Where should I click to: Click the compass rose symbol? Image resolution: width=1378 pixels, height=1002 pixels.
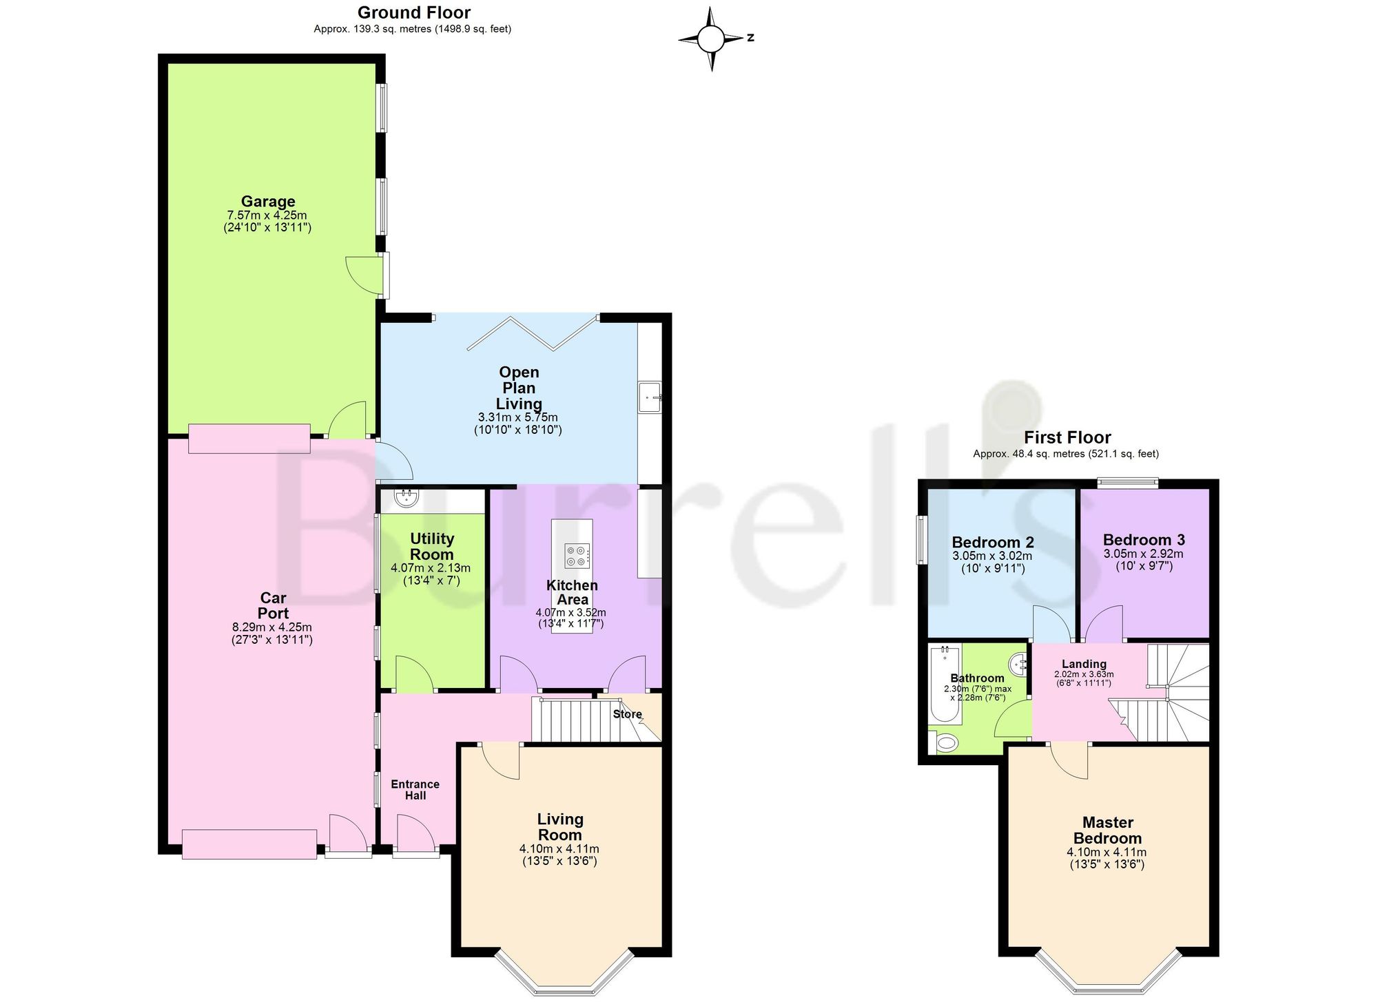pyautogui.click(x=712, y=39)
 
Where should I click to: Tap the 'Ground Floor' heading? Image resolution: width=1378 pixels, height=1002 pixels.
pyautogui.click(x=414, y=12)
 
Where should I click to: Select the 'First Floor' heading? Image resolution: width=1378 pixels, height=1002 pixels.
pyautogui.click(x=1067, y=437)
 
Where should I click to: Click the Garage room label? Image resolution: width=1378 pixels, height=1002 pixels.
pyautogui.click(x=268, y=201)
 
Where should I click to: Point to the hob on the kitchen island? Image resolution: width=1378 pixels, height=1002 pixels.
pyautogui.click(x=577, y=556)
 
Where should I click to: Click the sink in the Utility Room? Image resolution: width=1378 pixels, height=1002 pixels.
pyautogui.click(x=406, y=497)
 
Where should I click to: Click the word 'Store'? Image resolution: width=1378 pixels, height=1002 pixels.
pyautogui.click(x=628, y=714)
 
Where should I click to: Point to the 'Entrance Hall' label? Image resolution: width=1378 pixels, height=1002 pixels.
pyautogui.click(x=415, y=790)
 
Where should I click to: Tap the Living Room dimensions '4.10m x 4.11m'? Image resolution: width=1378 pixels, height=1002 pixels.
pyautogui.click(x=559, y=848)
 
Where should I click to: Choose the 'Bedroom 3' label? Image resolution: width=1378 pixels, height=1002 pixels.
pyautogui.click(x=1144, y=540)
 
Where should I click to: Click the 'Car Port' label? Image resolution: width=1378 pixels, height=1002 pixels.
pyautogui.click(x=274, y=605)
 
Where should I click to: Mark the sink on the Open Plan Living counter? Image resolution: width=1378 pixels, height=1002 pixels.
pyautogui.click(x=650, y=397)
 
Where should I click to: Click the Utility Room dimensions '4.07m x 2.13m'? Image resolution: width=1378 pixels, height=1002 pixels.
pyautogui.click(x=431, y=568)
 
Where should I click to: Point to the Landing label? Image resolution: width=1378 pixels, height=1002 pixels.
pyautogui.click(x=1084, y=664)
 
